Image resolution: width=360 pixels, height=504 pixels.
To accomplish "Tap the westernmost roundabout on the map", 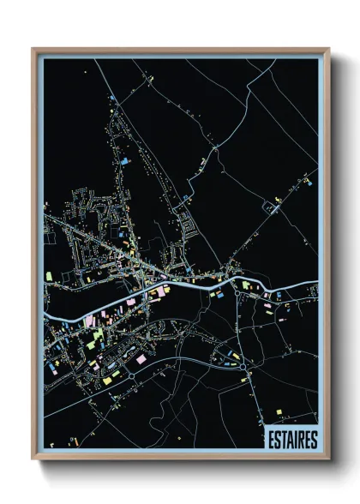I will [133, 375].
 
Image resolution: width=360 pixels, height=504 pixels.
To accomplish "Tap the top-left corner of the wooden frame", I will [33, 49].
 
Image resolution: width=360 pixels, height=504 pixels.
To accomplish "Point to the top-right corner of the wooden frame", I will [329, 49].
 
